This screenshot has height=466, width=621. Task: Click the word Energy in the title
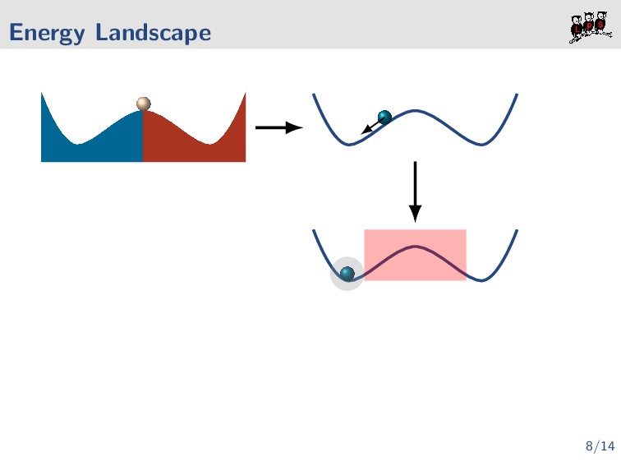[x=47, y=34]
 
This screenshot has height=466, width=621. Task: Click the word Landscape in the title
[x=153, y=34]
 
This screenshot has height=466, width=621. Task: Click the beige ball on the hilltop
[x=144, y=104]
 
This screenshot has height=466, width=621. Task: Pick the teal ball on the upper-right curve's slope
[x=384, y=117]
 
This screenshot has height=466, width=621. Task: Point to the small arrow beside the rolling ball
[x=370, y=127]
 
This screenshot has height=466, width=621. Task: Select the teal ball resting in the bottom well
[x=347, y=273]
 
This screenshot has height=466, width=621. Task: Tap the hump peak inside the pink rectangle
[x=416, y=246]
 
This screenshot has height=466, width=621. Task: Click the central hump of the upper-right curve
[x=416, y=110]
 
